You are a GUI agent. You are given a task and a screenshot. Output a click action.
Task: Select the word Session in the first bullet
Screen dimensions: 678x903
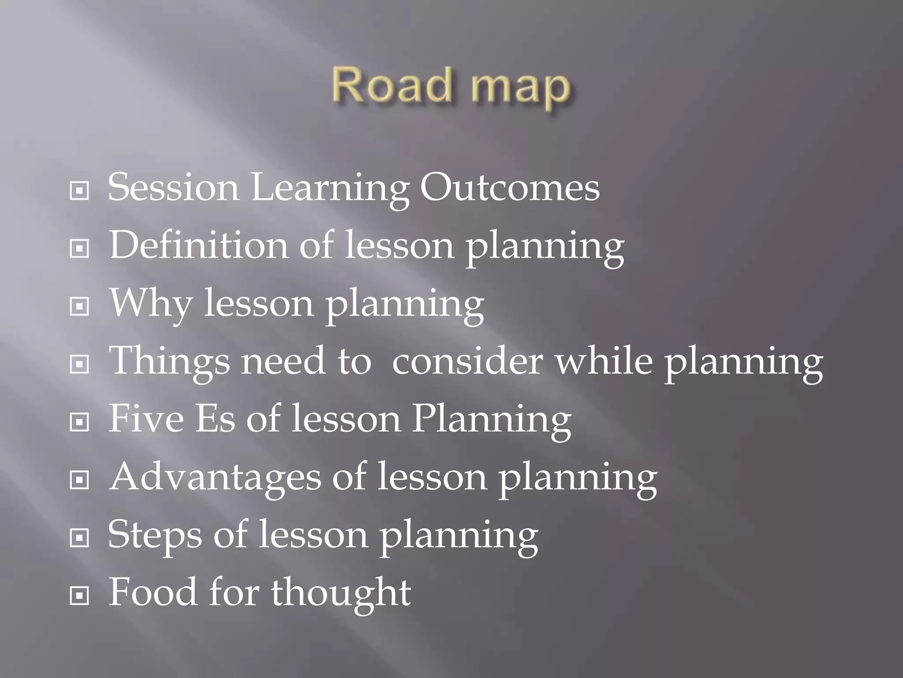173,187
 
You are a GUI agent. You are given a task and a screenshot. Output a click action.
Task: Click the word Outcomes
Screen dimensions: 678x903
509,187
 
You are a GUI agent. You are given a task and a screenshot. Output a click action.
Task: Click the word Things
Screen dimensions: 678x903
169,362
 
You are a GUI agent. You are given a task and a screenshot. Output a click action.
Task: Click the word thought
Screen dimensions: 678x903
341,592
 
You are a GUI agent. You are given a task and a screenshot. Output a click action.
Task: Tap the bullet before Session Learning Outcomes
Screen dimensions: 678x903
79,191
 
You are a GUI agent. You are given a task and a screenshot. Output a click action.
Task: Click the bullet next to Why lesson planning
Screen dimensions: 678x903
79,307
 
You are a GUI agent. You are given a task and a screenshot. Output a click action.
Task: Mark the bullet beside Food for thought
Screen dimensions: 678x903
79,596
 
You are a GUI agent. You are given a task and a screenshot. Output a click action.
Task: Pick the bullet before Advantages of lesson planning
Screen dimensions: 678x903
79,480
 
